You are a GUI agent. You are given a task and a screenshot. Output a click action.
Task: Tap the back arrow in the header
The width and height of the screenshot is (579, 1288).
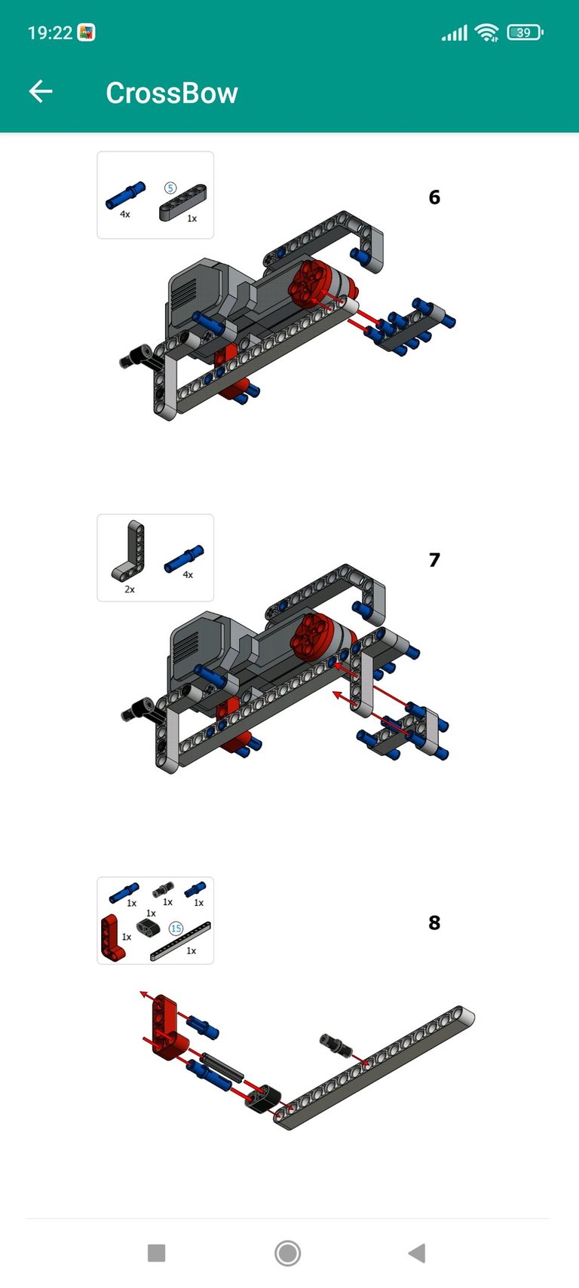(41, 91)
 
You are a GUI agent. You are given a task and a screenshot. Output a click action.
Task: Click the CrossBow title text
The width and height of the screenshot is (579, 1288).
(171, 93)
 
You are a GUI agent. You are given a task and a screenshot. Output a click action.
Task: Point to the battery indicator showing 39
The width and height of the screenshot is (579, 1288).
(525, 32)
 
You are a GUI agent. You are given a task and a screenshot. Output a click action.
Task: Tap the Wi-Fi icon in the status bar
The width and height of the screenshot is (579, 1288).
(487, 32)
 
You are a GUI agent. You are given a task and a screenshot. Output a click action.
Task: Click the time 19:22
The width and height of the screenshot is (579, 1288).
(50, 32)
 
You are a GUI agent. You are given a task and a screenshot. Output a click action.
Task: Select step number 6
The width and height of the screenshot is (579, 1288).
(434, 197)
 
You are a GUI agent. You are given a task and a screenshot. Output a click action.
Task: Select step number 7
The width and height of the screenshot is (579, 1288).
(434, 559)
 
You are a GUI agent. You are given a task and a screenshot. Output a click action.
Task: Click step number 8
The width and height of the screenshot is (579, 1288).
(434, 922)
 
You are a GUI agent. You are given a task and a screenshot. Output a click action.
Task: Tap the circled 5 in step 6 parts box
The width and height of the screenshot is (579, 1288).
(170, 188)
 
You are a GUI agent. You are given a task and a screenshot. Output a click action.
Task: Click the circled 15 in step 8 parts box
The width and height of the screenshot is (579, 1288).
(176, 929)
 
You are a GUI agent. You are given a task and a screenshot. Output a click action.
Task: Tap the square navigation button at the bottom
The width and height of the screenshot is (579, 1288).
(156, 1253)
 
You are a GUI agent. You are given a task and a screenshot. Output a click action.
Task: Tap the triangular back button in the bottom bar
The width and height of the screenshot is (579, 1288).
(418, 1253)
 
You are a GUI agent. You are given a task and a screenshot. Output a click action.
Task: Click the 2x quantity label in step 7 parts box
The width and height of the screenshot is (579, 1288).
(130, 589)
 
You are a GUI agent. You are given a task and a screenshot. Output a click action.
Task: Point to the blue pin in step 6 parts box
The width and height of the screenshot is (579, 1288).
(125, 195)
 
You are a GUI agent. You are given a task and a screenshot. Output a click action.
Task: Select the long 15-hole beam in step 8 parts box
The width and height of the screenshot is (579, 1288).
(180, 941)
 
